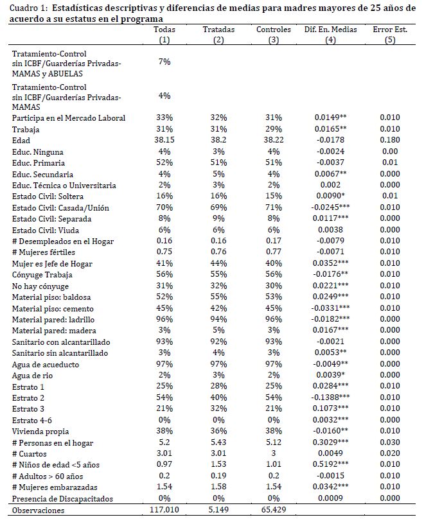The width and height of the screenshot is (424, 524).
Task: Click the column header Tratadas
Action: pos(218,30)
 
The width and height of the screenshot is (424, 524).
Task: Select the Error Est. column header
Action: pos(389,30)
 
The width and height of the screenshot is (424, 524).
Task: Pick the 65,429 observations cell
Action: pos(273,510)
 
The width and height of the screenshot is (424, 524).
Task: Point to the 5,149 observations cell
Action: pos(218,510)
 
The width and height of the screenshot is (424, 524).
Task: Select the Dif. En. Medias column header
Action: pos(330,30)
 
